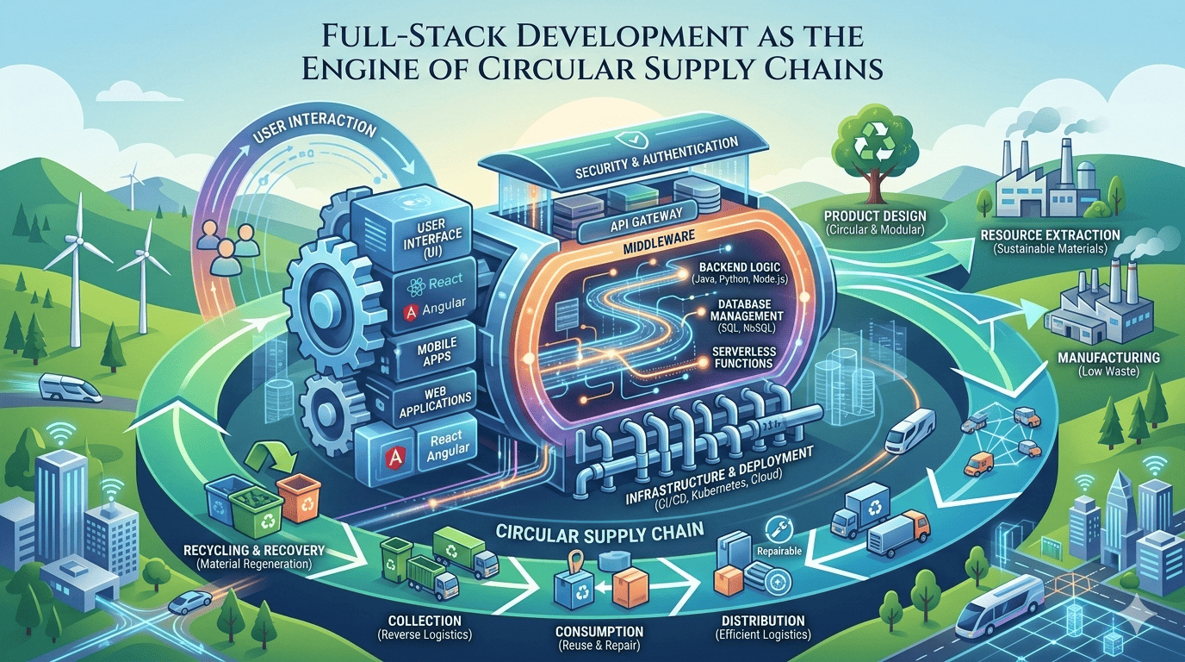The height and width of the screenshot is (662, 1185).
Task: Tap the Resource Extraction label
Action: point(1050,234)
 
